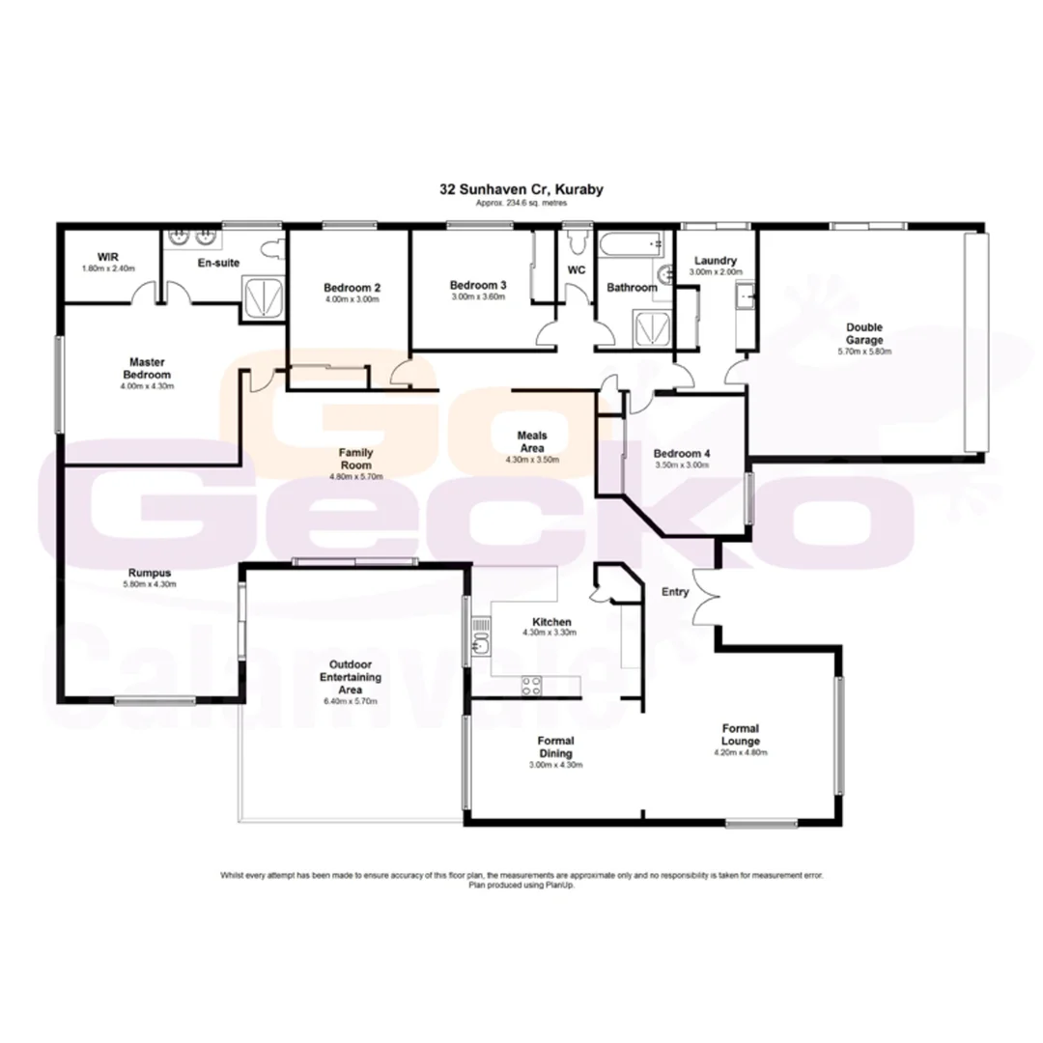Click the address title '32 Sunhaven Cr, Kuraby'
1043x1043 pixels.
(x=521, y=190)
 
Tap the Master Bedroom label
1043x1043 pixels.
(x=147, y=368)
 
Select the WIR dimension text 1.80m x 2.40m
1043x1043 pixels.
(x=108, y=268)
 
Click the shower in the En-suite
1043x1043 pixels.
(x=262, y=296)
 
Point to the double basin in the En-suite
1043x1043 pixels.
(x=190, y=238)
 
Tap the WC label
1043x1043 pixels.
(x=577, y=270)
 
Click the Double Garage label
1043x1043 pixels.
(x=864, y=333)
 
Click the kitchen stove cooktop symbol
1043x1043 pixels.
(x=531, y=686)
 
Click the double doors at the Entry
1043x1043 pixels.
(x=706, y=594)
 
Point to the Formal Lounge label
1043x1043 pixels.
(x=740, y=734)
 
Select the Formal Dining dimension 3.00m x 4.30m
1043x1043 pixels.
(x=555, y=764)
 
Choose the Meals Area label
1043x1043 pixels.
(x=532, y=441)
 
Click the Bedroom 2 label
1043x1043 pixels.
(x=352, y=288)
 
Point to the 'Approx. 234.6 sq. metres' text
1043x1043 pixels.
(x=521, y=204)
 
